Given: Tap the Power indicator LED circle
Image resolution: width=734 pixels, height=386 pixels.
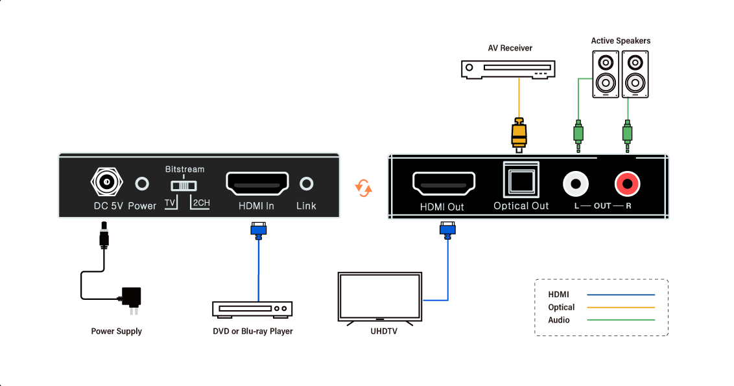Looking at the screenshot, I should [142, 184].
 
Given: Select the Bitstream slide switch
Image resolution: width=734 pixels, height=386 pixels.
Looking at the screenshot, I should [184, 185].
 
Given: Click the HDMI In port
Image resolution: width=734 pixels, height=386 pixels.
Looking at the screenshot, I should [257, 184].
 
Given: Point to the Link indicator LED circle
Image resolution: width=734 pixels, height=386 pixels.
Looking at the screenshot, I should [307, 184].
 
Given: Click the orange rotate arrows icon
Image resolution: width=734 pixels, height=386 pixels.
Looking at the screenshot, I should [364, 188].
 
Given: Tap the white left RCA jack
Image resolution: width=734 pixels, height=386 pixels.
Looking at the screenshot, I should [576, 184].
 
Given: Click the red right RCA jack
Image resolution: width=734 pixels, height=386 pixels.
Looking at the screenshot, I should [628, 184].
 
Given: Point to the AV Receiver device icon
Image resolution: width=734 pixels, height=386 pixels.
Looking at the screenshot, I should [508, 69].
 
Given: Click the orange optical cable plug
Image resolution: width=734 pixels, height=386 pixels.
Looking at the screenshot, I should [519, 133].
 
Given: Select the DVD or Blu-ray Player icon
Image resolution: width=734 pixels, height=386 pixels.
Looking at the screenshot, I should [253, 309].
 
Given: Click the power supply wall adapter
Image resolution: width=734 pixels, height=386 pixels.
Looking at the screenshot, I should [132, 298].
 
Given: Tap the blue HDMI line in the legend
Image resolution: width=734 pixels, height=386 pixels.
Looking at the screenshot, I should [621, 295].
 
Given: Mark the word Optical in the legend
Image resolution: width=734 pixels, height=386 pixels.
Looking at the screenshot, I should [562, 307].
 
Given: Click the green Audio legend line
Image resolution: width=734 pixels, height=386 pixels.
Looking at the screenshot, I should [621, 320].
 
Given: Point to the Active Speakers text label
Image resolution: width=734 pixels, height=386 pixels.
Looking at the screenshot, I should [621, 41].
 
